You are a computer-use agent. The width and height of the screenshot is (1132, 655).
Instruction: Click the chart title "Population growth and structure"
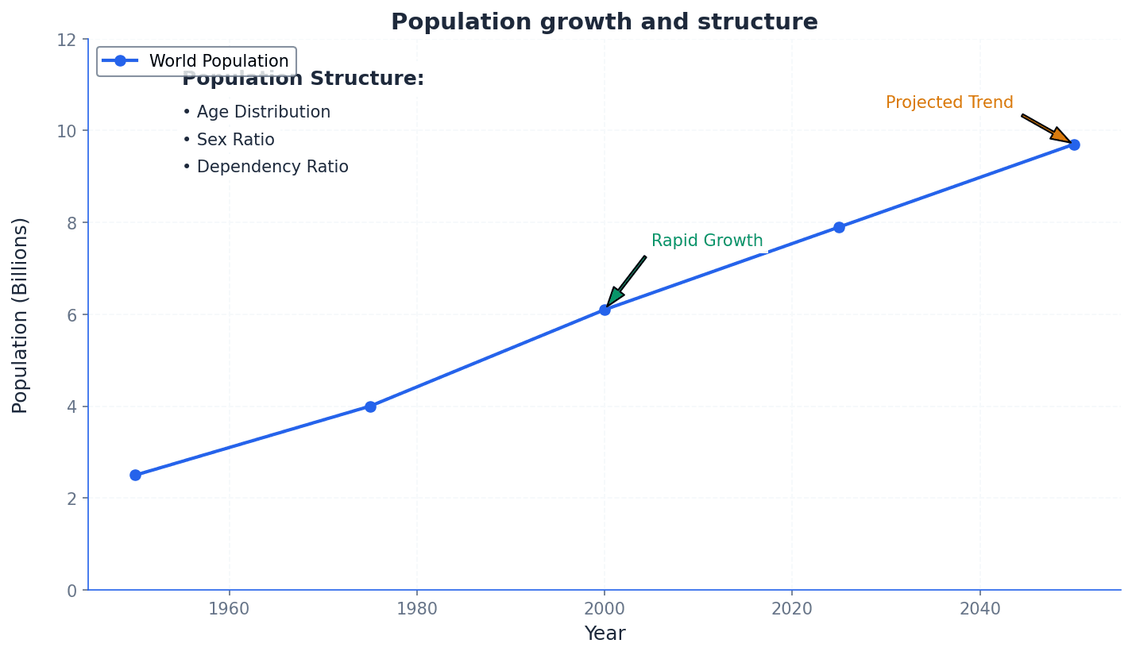pos(604,22)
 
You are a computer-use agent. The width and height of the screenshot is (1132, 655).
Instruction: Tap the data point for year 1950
pos(135,475)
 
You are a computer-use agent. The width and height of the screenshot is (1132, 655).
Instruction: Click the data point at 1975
pos(370,406)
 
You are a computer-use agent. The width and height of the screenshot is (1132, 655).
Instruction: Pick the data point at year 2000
pos(605,310)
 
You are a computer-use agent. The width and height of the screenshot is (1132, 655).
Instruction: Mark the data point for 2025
pos(839,227)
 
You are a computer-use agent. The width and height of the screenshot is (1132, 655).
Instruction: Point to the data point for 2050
pos(1074,144)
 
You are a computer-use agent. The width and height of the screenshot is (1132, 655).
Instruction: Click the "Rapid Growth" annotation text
pos(707,241)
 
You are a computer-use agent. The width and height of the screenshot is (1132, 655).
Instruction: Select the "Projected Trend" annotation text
pos(949,103)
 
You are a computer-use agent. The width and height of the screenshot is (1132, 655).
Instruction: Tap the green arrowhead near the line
pos(614,297)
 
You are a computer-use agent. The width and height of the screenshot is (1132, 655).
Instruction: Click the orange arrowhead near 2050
pos(1061,135)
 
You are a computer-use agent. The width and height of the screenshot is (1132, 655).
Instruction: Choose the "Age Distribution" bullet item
pos(257,113)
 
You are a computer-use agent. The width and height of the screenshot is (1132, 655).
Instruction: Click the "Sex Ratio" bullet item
pos(229,141)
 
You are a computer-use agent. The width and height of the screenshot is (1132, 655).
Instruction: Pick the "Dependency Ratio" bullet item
pos(265,168)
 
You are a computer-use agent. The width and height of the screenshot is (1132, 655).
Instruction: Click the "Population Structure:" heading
pos(303,79)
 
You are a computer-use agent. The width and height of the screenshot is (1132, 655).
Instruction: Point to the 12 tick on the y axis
pos(67,40)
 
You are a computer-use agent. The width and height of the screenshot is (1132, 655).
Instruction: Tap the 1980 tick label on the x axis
pos(416,610)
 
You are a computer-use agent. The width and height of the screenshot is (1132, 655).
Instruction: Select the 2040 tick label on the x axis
pos(979,610)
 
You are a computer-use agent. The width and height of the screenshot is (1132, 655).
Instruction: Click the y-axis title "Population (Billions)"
pos(21,315)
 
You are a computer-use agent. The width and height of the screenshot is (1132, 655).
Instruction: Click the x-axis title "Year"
pos(605,634)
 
